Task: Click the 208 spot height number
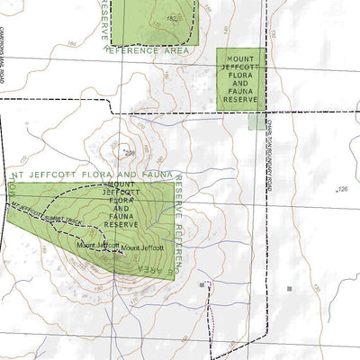128,153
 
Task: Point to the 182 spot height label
171,18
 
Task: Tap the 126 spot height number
341,189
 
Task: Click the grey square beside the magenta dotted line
202,284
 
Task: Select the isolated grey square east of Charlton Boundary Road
290,289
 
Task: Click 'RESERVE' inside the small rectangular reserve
240,99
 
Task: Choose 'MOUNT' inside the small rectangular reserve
240,55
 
